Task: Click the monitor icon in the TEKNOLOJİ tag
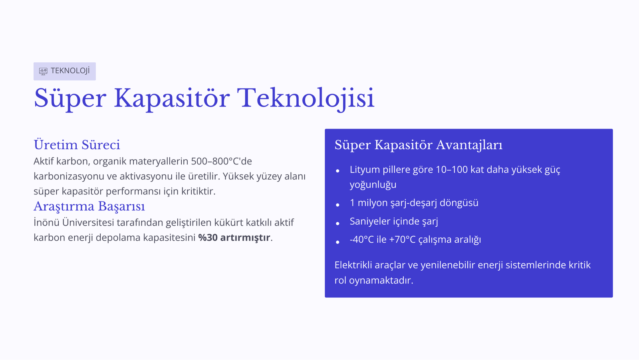(43, 71)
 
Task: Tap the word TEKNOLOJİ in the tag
(70, 71)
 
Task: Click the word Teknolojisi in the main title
(306, 99)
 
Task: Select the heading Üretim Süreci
(77, 145)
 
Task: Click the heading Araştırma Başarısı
(89, 206)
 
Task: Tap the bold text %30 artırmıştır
(234, 237)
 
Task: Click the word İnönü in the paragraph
(46, 222)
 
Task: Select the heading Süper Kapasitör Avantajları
(419, 145)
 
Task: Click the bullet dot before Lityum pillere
(338, 171)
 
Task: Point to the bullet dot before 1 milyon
(338, 205)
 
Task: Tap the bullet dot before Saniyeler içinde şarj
(338, 223)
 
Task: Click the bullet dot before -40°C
(338, 242)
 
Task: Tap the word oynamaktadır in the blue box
(381, 281)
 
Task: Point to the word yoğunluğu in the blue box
(373, 185)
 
